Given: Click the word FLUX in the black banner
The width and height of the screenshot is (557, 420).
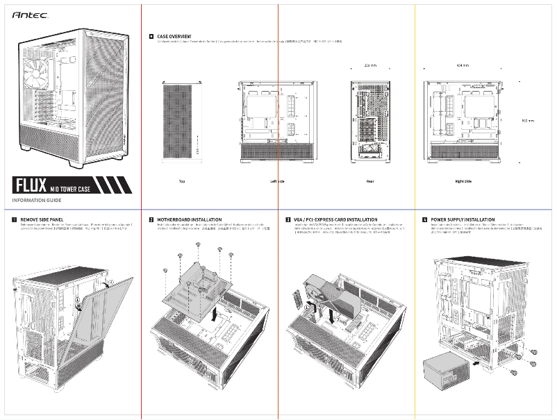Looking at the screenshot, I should pyautogui.click(x=30, y=185).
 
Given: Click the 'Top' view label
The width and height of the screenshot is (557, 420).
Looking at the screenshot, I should pyautogui.click(x=182, y=181).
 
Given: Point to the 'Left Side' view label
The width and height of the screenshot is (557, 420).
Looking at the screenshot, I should pyautogui.click(x=277, y=181).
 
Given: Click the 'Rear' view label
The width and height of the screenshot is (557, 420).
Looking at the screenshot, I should pyautogui.click(x=370, y=181).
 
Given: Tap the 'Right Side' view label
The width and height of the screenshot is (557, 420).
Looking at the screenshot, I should pyautogui.click(x=463, y=181).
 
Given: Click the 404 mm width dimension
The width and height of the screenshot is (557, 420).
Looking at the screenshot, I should pyautogui.click(x=463, y=66).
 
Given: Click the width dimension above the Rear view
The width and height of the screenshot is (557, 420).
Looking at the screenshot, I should pyautogui.click(x=370, y=66).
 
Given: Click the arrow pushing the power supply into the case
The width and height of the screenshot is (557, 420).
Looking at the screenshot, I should pyautogui.click(x=476, y=361).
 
